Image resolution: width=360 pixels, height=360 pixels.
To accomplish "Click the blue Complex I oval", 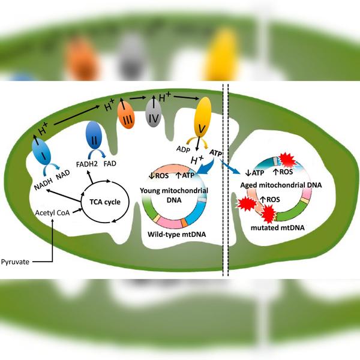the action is coord(42,152).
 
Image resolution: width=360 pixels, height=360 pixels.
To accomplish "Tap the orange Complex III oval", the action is coord(126,115).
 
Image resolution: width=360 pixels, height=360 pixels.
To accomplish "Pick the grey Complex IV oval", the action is coord(154,114).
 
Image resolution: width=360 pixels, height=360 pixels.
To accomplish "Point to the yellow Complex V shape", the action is coord(203,117).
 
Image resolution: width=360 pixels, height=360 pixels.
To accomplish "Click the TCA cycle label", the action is coord(105,202).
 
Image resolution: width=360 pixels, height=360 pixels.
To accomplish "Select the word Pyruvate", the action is coord(15,262).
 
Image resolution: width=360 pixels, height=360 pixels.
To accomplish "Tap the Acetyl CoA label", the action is coord(52,213).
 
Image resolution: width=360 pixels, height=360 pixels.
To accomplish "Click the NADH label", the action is coord(43,184).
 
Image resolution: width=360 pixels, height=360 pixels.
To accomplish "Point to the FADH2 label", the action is coord(87,164).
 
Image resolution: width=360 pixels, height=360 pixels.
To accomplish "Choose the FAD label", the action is coord(110,164).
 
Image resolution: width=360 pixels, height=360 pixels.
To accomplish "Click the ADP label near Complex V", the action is coord(183,149).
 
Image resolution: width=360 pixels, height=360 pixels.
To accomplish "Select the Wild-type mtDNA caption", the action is coord(177,235).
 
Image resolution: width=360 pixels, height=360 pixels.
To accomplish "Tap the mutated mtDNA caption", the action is coord(278,228).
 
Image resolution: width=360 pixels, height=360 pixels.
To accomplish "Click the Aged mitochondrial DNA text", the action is coord(281,185).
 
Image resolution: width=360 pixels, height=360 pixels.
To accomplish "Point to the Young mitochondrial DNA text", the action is coord(174,195).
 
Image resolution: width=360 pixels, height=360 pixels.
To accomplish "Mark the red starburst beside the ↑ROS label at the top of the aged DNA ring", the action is coord(287,160).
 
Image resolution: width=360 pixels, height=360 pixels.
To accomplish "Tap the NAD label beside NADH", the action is coord(63,175).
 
